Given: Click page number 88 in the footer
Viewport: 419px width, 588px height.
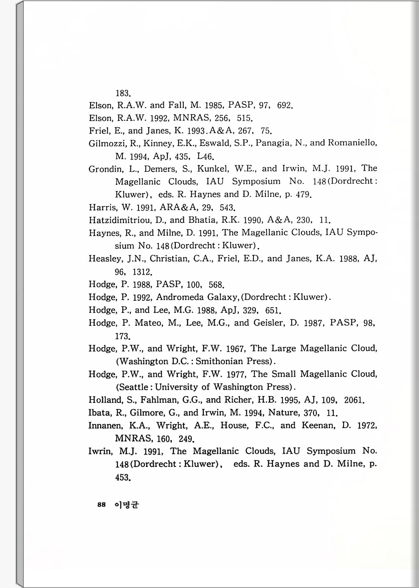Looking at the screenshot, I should (102, 505).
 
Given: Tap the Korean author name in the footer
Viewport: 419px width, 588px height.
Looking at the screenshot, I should (127, 505).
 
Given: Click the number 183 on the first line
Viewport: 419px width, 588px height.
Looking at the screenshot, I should (122, 93).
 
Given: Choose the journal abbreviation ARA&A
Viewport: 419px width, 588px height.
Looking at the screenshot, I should (179, 208).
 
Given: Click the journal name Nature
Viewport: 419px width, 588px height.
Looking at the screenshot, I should (283, 413).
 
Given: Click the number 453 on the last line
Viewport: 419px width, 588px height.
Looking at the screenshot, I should (122, 478).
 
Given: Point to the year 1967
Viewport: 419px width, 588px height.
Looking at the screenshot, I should (235, 349).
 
